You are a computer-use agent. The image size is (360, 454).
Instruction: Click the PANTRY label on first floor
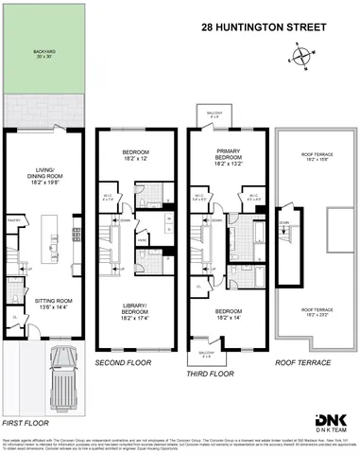click(15, 218)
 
